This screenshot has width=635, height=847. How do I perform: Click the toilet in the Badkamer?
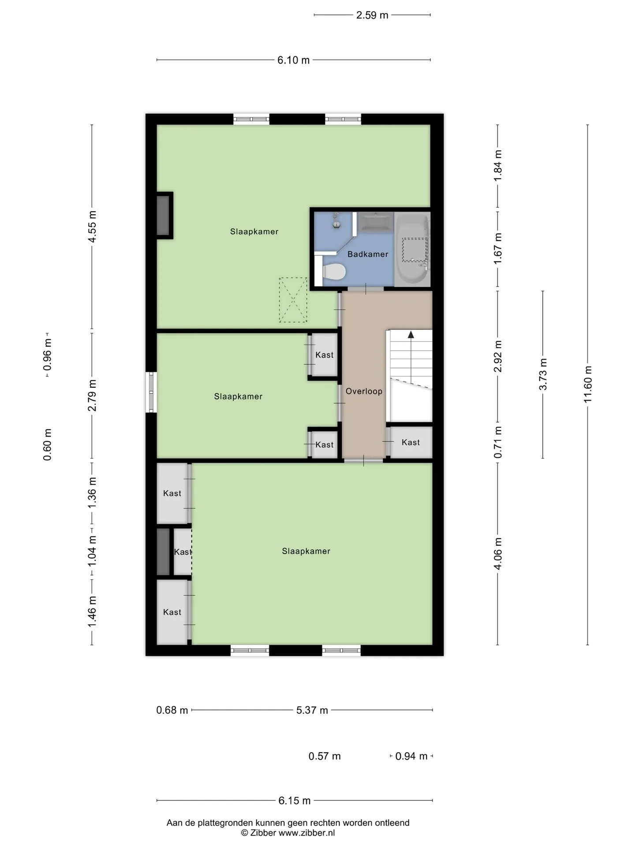[x=334, y=272]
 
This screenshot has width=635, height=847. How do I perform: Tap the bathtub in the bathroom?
[x=412, y=250]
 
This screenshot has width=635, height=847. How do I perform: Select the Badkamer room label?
[x=368, y=254]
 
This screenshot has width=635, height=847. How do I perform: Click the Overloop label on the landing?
[x=364, y=391]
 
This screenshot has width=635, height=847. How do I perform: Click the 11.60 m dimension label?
[x=587, y=384]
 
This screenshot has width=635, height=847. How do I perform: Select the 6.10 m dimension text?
[x=294, y=60]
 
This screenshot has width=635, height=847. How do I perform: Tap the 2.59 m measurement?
[x=372, y=15]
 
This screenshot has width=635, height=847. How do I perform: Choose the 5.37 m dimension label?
[x=312, y=710]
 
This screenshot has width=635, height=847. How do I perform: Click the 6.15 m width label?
[x=295, y=801]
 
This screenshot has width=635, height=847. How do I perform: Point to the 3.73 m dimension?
[x=543, y=374]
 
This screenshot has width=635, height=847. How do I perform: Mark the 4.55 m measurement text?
[x=92, y=227]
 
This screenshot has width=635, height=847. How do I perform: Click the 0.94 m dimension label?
[x=411, y=756]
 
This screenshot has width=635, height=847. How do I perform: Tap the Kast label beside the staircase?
[x=411, y=442]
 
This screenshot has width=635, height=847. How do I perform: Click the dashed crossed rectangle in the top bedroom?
[x=293, y=300]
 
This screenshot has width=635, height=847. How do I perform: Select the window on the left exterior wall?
[x=151, y=392]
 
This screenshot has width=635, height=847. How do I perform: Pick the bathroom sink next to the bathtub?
[x=375, y=222]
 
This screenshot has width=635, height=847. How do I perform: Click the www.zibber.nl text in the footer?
[x=306, y=833]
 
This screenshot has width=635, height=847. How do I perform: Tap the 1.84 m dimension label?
[x=498, y=165]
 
